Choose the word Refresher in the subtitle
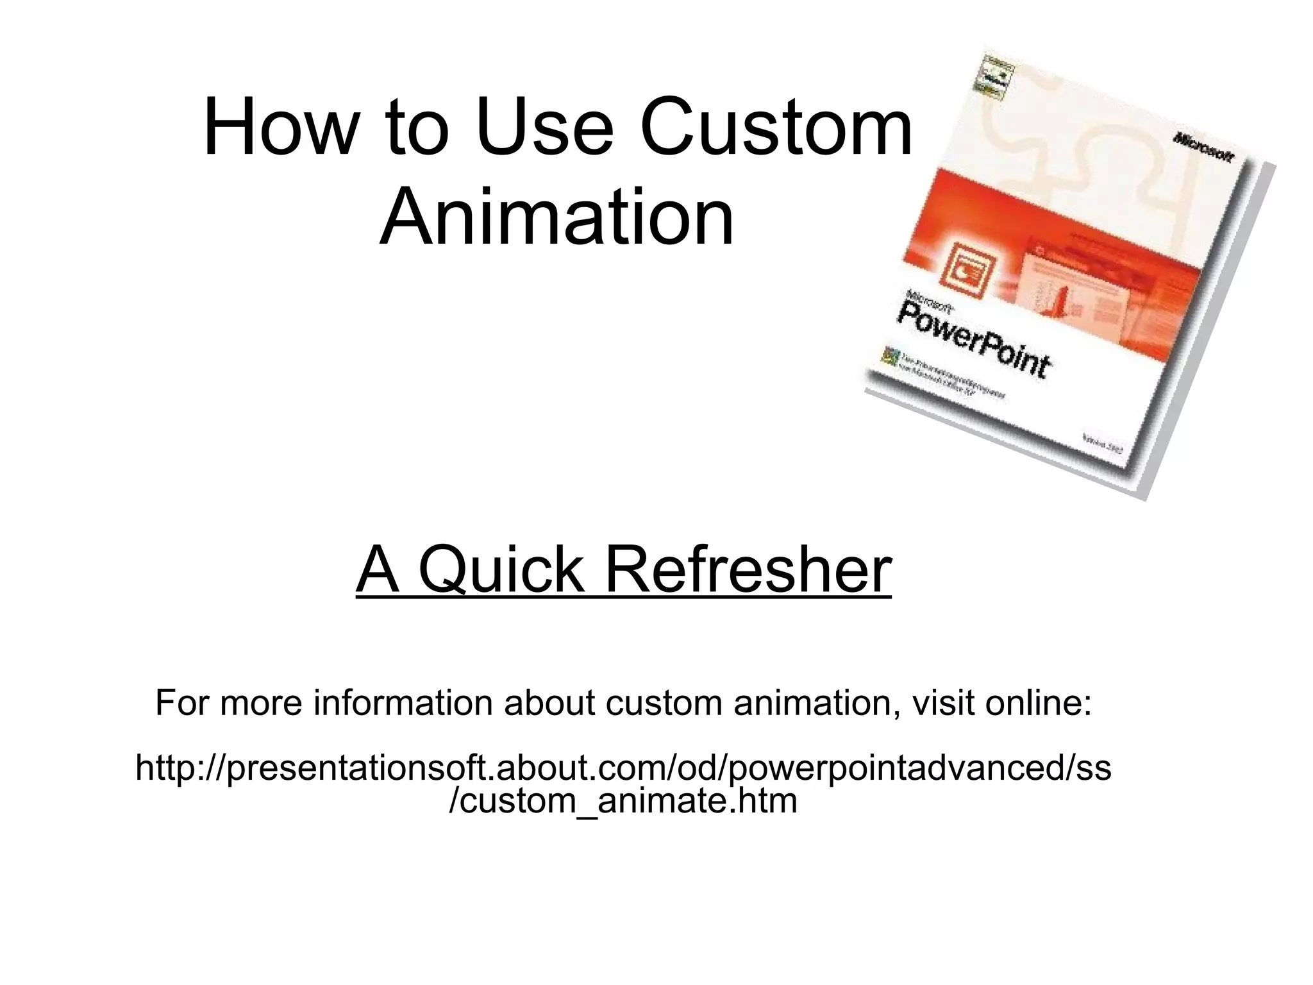click(x=748, y=569)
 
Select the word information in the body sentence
click(x=403, y=703)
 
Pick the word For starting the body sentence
click(x=182, y=703)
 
